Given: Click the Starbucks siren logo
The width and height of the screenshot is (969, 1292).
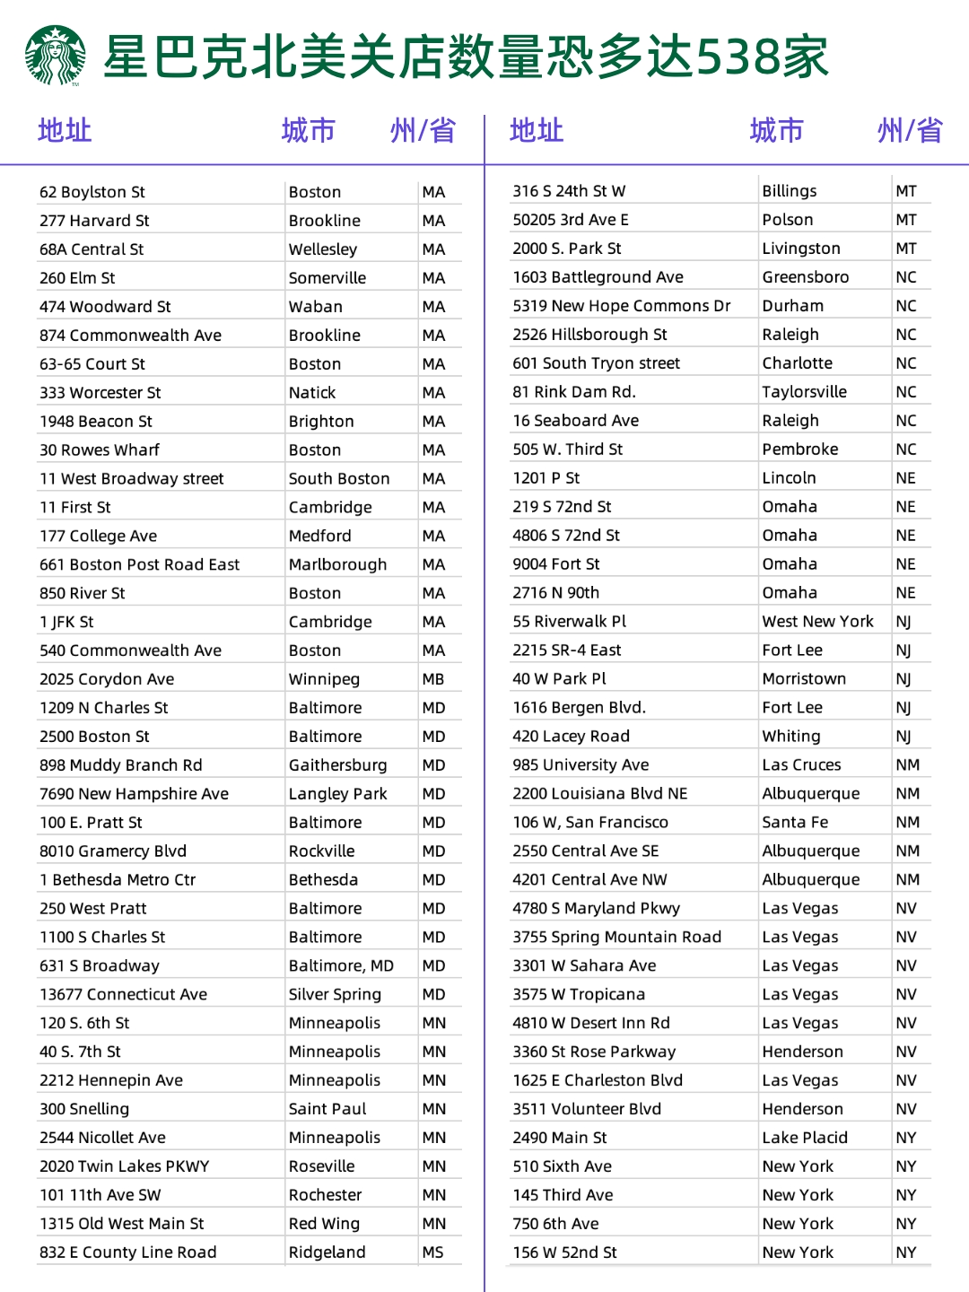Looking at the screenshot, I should pos(56,56).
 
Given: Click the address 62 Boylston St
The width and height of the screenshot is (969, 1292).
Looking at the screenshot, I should pos(92,192).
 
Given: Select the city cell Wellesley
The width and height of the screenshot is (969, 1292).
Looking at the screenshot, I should pos(323,249).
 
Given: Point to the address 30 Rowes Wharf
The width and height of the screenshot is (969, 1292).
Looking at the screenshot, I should pos(100,450).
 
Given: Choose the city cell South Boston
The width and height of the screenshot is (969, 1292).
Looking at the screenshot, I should pos(339,479).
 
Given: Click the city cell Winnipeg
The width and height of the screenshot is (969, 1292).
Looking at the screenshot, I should pos(324,679).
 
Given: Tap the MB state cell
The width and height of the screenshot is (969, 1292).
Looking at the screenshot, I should pos(433,679).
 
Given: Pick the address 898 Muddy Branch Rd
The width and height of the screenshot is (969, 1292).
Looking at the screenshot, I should pos(121,765).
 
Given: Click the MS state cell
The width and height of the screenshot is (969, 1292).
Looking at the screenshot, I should pos(433,1253).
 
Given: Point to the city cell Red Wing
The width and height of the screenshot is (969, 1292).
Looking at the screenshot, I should pos(324,1224).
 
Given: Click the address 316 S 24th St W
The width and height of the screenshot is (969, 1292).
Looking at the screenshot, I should pos(569,191).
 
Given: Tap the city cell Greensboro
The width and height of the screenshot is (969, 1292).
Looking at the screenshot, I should pos(806,277).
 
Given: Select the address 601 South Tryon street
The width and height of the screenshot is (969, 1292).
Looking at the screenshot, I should pos(597,363).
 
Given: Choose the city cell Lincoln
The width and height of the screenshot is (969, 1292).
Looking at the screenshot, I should pos(790,478).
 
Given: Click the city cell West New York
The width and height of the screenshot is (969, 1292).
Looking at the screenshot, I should pos(818,622).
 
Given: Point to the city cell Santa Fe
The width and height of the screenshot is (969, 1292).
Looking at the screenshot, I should pos(795,823).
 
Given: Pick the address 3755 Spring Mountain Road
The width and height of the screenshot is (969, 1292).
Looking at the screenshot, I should pos(617,937).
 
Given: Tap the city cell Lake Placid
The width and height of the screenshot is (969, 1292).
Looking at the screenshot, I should pos(805,1138).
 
